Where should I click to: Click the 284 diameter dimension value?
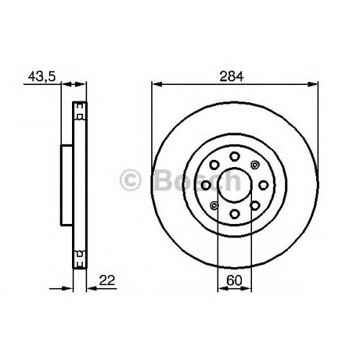(x=232, y=76)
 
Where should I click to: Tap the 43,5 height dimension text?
(x=42, y=76)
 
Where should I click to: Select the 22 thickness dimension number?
(x=107, y=280)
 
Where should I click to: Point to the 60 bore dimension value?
(x=234, y=280)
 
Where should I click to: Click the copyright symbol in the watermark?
(x=130, y=180)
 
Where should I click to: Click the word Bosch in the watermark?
(x=197, y=180)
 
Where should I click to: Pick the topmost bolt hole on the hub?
(x=235, y=156)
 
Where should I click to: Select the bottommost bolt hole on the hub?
(x=235, y=214)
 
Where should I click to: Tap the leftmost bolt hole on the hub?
(x=206, y=185)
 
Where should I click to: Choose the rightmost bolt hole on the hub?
(x=264, y=185)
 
